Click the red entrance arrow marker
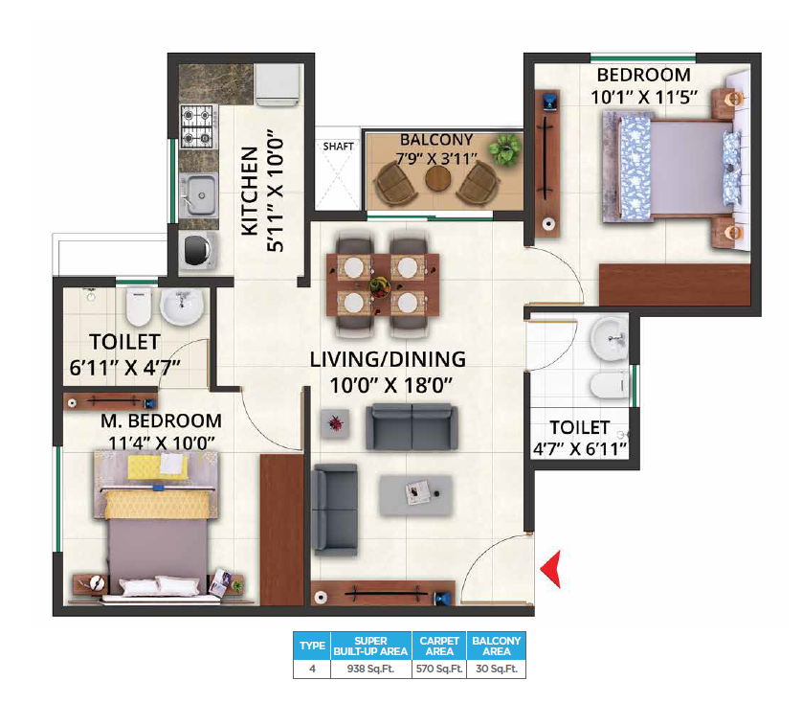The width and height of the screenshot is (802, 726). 550,572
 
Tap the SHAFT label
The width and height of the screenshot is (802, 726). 338,147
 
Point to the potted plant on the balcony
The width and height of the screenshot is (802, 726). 503,148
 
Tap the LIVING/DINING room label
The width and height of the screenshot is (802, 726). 388,360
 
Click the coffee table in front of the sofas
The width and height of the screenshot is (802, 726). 417,494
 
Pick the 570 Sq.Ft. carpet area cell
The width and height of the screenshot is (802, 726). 439,669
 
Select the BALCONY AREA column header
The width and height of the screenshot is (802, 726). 496,646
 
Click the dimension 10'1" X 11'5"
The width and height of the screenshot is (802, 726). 643,96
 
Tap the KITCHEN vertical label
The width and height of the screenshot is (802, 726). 249,192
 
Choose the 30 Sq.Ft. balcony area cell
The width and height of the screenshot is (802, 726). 496,669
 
